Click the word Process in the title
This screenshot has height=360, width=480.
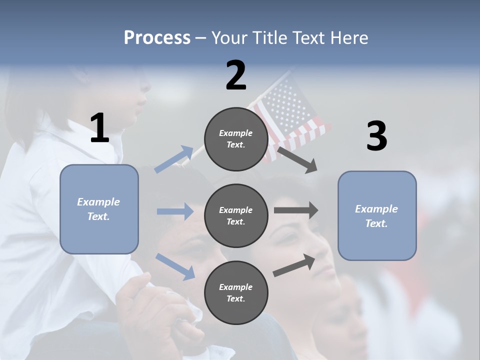157,38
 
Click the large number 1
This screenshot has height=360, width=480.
99,128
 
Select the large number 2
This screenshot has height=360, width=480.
236,75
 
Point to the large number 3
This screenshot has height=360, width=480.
376,136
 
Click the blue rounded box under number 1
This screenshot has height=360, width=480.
99,209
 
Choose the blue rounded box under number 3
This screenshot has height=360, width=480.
377,215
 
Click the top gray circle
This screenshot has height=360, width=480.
236,139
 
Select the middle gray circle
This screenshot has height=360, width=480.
236,215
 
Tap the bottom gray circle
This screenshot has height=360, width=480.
236,292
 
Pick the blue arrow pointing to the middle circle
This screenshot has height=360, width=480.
175,211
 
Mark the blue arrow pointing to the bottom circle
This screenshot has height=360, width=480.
175,266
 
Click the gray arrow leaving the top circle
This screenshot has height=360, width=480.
297,159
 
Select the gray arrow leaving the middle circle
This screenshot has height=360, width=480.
296,210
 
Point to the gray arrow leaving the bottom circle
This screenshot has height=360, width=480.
294,265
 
